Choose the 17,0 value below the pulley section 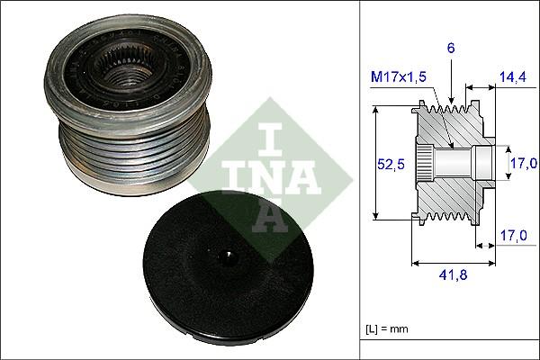512,237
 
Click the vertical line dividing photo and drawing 360,180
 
